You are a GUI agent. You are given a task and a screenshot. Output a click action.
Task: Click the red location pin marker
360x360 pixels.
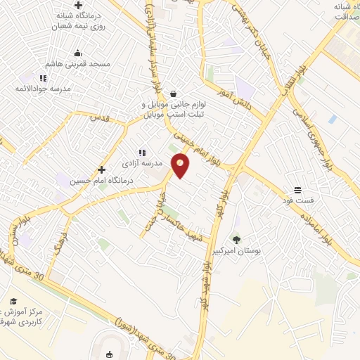181,165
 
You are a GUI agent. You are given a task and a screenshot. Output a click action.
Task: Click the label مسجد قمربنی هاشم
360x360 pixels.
89,64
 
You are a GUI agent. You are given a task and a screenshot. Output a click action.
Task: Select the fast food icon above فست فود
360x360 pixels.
297,190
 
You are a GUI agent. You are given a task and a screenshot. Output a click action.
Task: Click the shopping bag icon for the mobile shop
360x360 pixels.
173,94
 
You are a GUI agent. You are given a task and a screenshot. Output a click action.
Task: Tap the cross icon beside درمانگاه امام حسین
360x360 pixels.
102,169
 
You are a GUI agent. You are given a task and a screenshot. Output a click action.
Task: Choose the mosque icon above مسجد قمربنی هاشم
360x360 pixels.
77,53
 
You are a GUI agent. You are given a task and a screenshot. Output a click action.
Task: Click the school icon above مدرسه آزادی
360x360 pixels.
142,152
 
